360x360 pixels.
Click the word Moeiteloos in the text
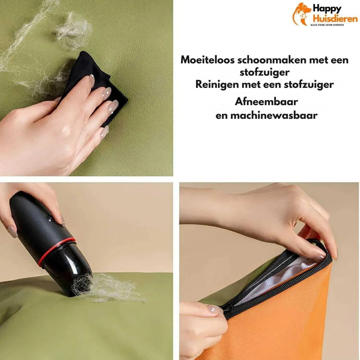(207, 60)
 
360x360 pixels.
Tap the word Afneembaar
(266, 102)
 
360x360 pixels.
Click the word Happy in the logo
(327, 9)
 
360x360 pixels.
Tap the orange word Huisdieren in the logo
(335, 19)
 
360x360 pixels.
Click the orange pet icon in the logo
(301, 14)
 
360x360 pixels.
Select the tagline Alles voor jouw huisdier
(327, 25)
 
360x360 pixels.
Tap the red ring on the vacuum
(56, 251)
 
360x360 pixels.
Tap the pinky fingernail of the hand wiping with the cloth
(105, 132)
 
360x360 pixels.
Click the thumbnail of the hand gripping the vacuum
(12, 231)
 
